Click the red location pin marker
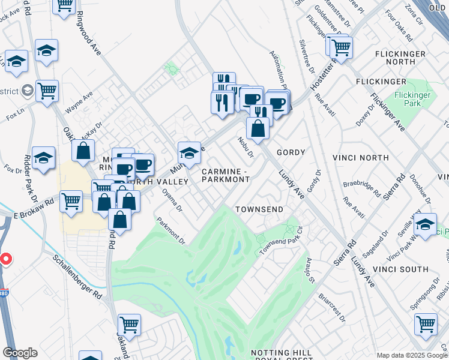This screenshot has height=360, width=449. tap(5, 259)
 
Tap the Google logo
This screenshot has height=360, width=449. tap(20, 353)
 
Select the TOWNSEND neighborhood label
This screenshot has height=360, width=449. tap(259, 209)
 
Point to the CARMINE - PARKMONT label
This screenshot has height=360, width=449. tap(225, 175)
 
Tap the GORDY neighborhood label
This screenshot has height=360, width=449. tap(291, 153)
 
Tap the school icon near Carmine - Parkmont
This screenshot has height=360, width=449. tap(189, 154)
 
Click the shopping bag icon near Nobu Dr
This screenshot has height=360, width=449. tap(258, 128)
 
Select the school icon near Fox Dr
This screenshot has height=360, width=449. tap(43, 158)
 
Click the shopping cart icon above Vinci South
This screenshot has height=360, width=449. tap(426, 325)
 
